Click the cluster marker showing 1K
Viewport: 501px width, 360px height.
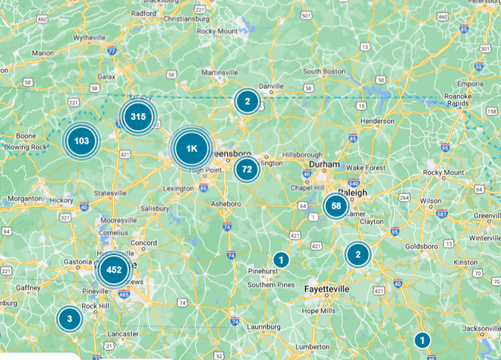(191, 149)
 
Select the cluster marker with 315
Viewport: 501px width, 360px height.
(137, 117)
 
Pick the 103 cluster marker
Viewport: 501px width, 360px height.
(82, 141)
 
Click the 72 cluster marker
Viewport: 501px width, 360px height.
(247, 169)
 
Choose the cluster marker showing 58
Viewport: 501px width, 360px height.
(336, 206)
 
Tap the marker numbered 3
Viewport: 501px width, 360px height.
(69, 319)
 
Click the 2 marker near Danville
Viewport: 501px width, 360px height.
(247, 101)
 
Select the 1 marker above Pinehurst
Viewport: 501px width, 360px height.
(281, 260)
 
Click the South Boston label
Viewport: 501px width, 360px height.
(323, 71)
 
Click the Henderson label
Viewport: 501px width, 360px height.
(377, 121)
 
